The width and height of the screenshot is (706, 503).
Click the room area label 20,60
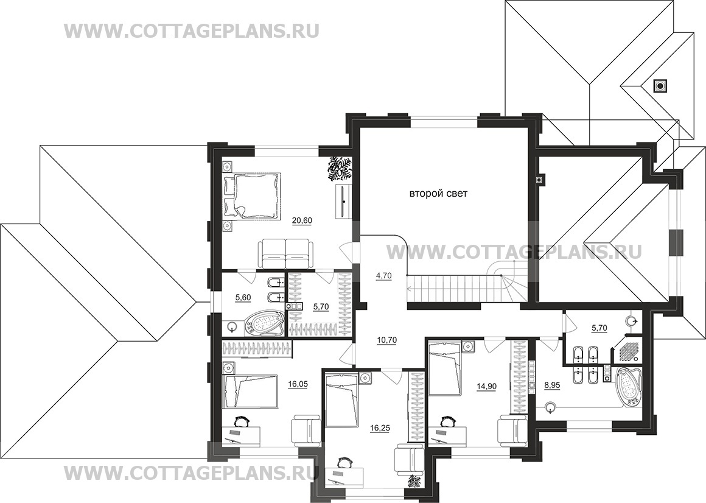302,220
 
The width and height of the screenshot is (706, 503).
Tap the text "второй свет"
438,194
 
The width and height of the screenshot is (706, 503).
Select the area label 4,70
383,276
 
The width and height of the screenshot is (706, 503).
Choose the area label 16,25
380,428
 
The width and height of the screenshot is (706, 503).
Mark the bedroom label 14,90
486,386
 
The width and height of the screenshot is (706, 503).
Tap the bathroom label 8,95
551,386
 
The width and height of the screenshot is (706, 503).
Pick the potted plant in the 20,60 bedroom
340,167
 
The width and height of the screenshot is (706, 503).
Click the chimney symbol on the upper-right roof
660,86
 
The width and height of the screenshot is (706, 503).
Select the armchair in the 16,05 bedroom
306,431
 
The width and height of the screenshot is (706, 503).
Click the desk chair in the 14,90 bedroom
447,421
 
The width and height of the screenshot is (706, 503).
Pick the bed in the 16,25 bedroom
342,400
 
